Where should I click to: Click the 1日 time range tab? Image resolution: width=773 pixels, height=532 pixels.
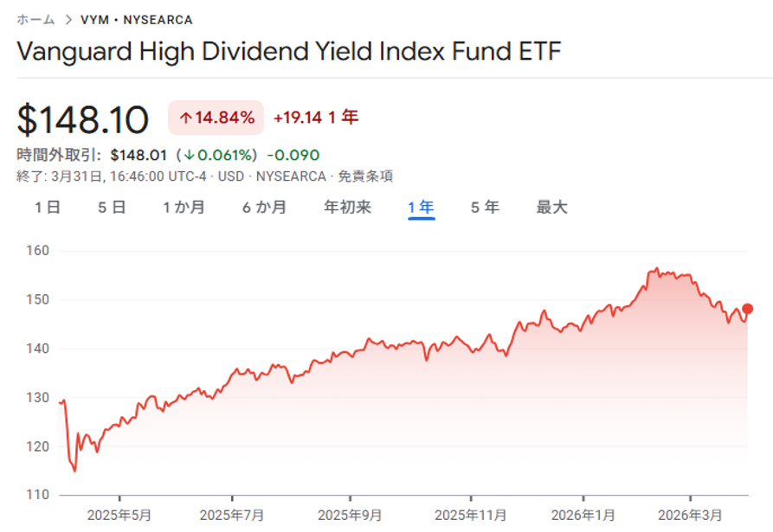pyautogui.click(x=48, y=208)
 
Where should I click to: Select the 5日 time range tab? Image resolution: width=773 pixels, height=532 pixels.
pyautogui.click(x=113, y=208)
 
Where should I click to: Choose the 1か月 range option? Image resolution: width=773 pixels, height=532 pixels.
pyautogui.click(x=184, y=208)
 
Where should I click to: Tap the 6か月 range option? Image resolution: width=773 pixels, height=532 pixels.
pyautogui.click(x=264, y=208)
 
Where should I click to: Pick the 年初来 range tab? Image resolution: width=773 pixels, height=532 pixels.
pyautogui.click(x=347, y=208)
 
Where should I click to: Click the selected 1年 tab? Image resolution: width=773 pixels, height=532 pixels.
pyautogui.click(x=421, y=208)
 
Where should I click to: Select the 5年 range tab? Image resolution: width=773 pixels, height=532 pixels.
pyautogui.click(x=485, y=208)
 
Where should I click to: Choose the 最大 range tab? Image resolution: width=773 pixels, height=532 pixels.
pyautogui.click(x=551, y=208)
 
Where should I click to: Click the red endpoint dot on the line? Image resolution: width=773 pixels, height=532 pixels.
pyautogui.click(x=748, y=309)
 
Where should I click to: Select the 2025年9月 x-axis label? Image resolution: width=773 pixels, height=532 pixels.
pyautogui.click(x=350, y=516)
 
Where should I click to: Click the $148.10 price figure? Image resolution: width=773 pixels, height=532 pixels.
pyautogui.click(x=83, y=119)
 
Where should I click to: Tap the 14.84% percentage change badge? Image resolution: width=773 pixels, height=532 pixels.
pyautogui.click(x=216, y=118)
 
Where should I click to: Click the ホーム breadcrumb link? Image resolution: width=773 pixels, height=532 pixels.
pyautogui.click(x=35, y=19)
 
